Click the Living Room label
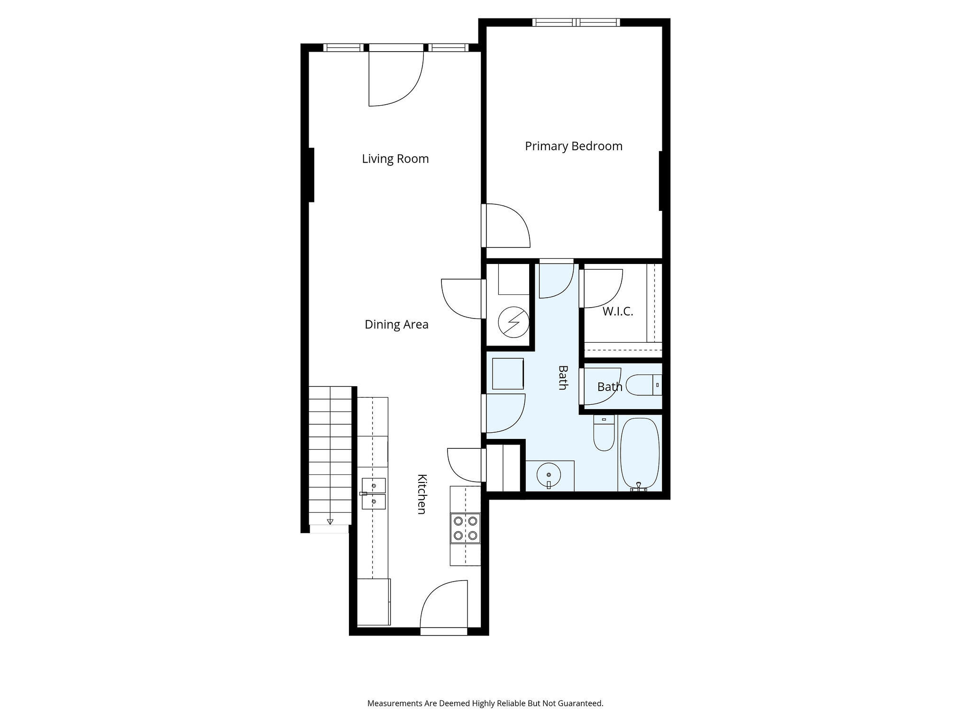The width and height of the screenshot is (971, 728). (x=395, y=159)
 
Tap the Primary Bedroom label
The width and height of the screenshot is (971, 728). (x=574, y=146)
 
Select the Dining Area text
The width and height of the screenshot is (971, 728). (x=396, y=325)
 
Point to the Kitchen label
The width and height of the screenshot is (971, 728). (x=421, y=494)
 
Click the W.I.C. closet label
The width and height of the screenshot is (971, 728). (x=618, y=311)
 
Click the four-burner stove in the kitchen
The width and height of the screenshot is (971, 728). (x=465, y=528)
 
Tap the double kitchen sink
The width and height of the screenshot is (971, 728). (x=373, y=493)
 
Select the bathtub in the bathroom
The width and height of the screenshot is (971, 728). (x=640, y=454)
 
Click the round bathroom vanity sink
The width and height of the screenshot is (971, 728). (x=549, y=474)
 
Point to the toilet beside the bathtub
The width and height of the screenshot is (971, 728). (x=604, y=433)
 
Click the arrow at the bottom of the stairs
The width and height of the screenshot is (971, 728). (x=330, y=521)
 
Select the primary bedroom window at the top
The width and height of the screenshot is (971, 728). (x=576, y=22)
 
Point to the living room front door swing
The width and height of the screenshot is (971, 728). (x=396, y=79)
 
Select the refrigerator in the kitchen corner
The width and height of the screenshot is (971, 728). (x=374, y=602)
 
